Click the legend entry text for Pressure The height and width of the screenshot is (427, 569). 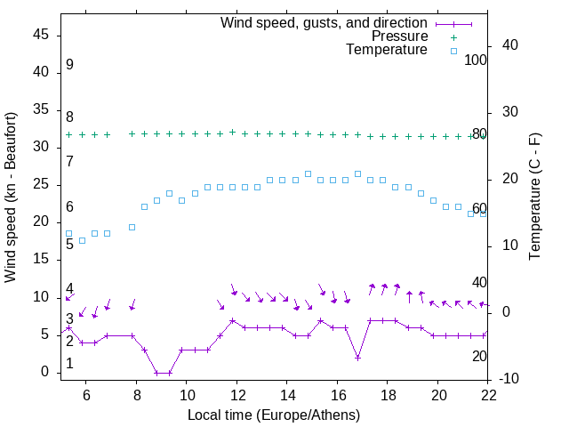coord(400,36)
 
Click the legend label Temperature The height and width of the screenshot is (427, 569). coord(387,50)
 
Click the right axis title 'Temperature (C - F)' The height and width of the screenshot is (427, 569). coord(534,197)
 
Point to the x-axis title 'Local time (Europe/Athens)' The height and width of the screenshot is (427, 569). coord(275,415)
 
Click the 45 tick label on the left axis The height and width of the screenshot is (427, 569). coord(42,35)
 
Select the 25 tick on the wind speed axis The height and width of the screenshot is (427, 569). coord(42,184)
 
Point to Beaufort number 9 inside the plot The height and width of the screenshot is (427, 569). coord(69,65)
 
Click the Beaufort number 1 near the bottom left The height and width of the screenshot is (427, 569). coord(69,364)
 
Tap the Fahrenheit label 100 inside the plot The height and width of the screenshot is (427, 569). coord(476,60)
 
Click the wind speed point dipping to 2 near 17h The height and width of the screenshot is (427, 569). coord(357,358)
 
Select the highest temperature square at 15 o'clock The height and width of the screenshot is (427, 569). coord(308,173)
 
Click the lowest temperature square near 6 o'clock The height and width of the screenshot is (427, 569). coord(82,240)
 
